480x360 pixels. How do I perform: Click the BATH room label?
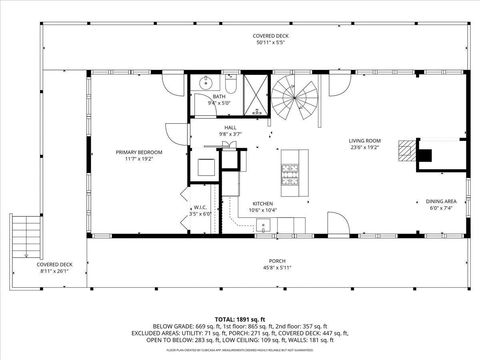pyautogui.click(x=218, y=96)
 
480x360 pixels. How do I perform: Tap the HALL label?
pyautogui.click(x=230, y=128)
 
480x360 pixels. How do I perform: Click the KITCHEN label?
pyautogui.click(x=262, y=203)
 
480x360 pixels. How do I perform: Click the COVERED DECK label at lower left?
pyautogui.click(x=53, y=264)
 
